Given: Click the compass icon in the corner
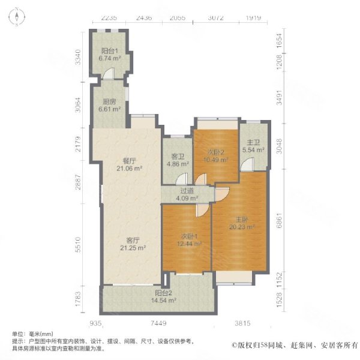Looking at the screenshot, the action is pyautogui.click(x=17, y=17).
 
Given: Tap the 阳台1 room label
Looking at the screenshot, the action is pyautogui.click(x=110, y=51).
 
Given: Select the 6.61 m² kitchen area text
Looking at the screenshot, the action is pyautogui.click(x=110, y=109).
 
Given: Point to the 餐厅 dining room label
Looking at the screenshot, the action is pyautogui.click(x=129, y=161).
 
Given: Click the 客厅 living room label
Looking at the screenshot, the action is pyautogui.click(x=133, y=241).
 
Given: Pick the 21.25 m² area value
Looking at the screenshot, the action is pyautogui.click(x=133, y=248).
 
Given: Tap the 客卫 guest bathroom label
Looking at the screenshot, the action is pyautogui.click(x=178, y=157).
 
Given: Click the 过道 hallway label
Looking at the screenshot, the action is pyautogui.click(x=187, y=191).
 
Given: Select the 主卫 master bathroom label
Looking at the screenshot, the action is pyautogui.click(x=253, y=143).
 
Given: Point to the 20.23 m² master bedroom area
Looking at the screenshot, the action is pyautogui.click(x=242, y=227).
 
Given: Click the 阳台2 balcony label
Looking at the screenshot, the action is pyautogui.click(x=163, y=293).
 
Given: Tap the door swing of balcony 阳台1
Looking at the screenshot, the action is pyautogui.click(x=109, y=73).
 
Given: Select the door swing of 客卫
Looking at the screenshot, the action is pyautogui.click(x=182, y=179).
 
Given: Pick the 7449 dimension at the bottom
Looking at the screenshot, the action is pyautogui.click(x=158, y=323).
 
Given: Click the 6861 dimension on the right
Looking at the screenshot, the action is pyautogui.click(x=279, y=221).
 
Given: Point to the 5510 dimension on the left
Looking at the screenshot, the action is pyautogui.click(x=78, y=245).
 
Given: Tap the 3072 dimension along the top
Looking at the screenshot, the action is pyautogui.click(x=215, y=17).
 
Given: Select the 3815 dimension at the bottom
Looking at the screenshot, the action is pyautogui.click(x=242, y=323).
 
